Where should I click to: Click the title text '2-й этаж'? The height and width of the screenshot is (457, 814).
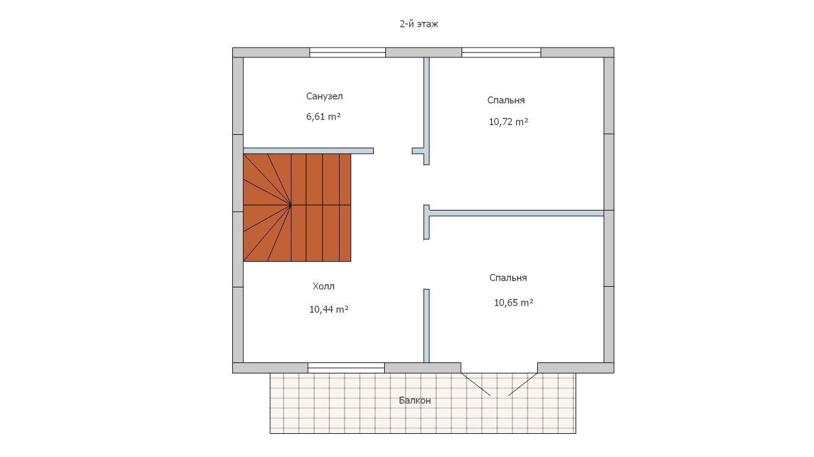[419, 24]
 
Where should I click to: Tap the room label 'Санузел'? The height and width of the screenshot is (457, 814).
[324, 96]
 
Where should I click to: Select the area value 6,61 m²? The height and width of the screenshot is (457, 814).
[323, 117]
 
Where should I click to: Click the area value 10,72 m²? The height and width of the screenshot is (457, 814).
[508, 122]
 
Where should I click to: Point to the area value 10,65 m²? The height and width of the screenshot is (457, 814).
[513, 303]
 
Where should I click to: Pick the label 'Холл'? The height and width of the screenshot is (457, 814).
[323, 287]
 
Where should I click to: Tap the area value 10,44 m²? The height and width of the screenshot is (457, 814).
[329, 309]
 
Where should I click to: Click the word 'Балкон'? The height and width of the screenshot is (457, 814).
[415, 400]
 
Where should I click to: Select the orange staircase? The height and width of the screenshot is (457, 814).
[297, 207]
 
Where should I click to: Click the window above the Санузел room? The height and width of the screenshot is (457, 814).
[348, 52]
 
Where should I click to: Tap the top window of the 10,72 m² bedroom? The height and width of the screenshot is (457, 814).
[501, 52]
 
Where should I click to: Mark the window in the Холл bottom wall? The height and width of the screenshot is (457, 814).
[346, 368]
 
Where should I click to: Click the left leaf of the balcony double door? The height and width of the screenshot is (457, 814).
[476, 384]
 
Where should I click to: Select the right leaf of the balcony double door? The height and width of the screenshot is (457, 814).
[523, 384]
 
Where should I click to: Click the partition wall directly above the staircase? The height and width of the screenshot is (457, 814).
[308, 151]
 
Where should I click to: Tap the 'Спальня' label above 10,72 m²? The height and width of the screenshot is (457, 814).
[506, 100]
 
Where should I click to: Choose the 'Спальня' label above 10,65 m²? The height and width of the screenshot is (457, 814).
[508, 278]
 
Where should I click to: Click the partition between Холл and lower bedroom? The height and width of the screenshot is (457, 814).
[426, 326]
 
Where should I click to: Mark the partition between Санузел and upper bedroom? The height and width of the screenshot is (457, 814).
[426, 111]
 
